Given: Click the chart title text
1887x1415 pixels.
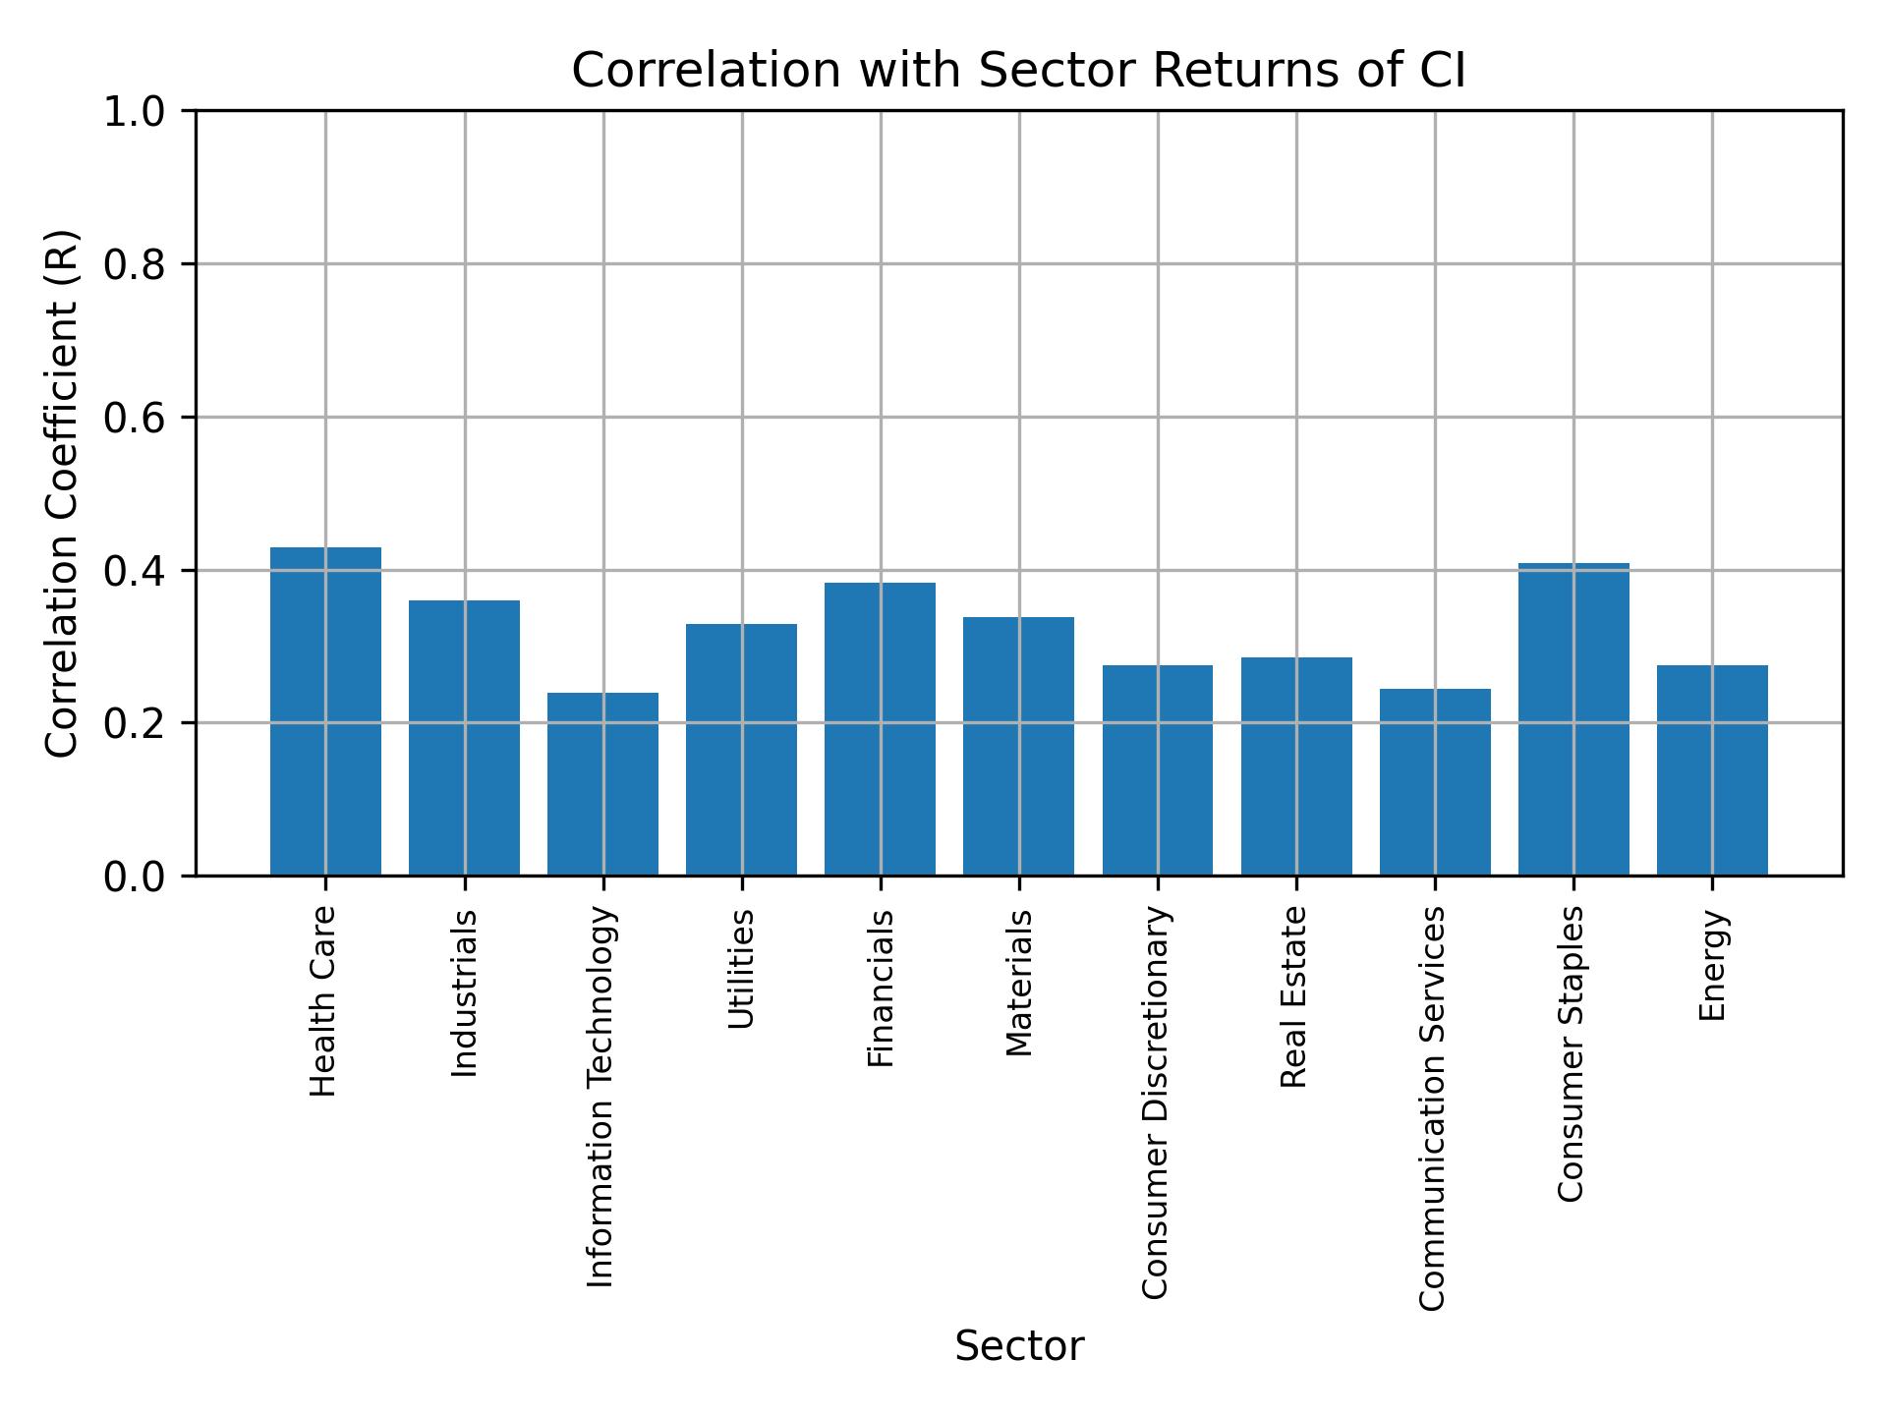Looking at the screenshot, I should (1018, 71).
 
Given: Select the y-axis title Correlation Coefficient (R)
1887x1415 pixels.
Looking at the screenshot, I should (62, 493).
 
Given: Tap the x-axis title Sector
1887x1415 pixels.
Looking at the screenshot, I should (1019, 1346).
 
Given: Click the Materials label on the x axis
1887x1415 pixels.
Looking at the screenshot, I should (1020, 983).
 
